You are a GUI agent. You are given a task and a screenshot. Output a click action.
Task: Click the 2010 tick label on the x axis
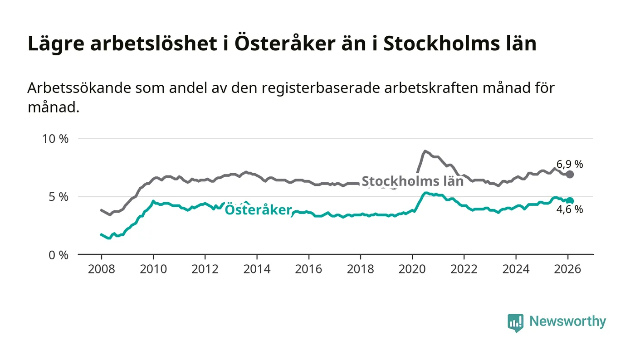(x=153, y=269)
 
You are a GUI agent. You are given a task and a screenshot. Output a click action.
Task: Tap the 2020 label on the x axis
(x=412, y=269)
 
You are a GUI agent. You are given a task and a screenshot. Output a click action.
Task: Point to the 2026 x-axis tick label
(x=567, y=269)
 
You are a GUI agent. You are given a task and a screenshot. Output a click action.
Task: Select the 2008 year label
(x=101, y=269)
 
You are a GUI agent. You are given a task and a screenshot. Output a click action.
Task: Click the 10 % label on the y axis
(x=55, y=139)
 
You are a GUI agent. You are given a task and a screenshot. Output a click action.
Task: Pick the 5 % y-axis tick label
(x=59, y=197)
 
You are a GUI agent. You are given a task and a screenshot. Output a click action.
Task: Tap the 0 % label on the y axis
(x=59, y=255)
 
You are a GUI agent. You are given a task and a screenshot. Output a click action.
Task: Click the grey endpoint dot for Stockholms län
(x=570, y=175)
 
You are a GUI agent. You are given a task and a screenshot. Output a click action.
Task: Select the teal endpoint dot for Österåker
(x=570, y=201)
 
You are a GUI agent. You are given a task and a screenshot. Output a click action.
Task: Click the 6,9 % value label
(x=570, y=165)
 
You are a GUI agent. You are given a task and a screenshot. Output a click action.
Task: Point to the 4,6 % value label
(x=570, y=209)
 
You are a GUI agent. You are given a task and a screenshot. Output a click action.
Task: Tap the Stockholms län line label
(x=412, y=181)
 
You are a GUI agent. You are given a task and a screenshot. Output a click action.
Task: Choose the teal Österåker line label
(x=258, y=210)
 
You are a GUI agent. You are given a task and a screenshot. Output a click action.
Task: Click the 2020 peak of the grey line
(x=425, y=151)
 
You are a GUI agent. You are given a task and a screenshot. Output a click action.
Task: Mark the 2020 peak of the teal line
(x=425, y=193)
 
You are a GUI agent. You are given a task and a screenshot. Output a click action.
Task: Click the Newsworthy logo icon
(x=515, y=322)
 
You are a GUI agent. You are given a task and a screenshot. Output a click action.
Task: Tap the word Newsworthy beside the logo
(x=567, y=321)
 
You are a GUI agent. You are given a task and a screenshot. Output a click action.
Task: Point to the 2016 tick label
(x=308, y=269)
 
